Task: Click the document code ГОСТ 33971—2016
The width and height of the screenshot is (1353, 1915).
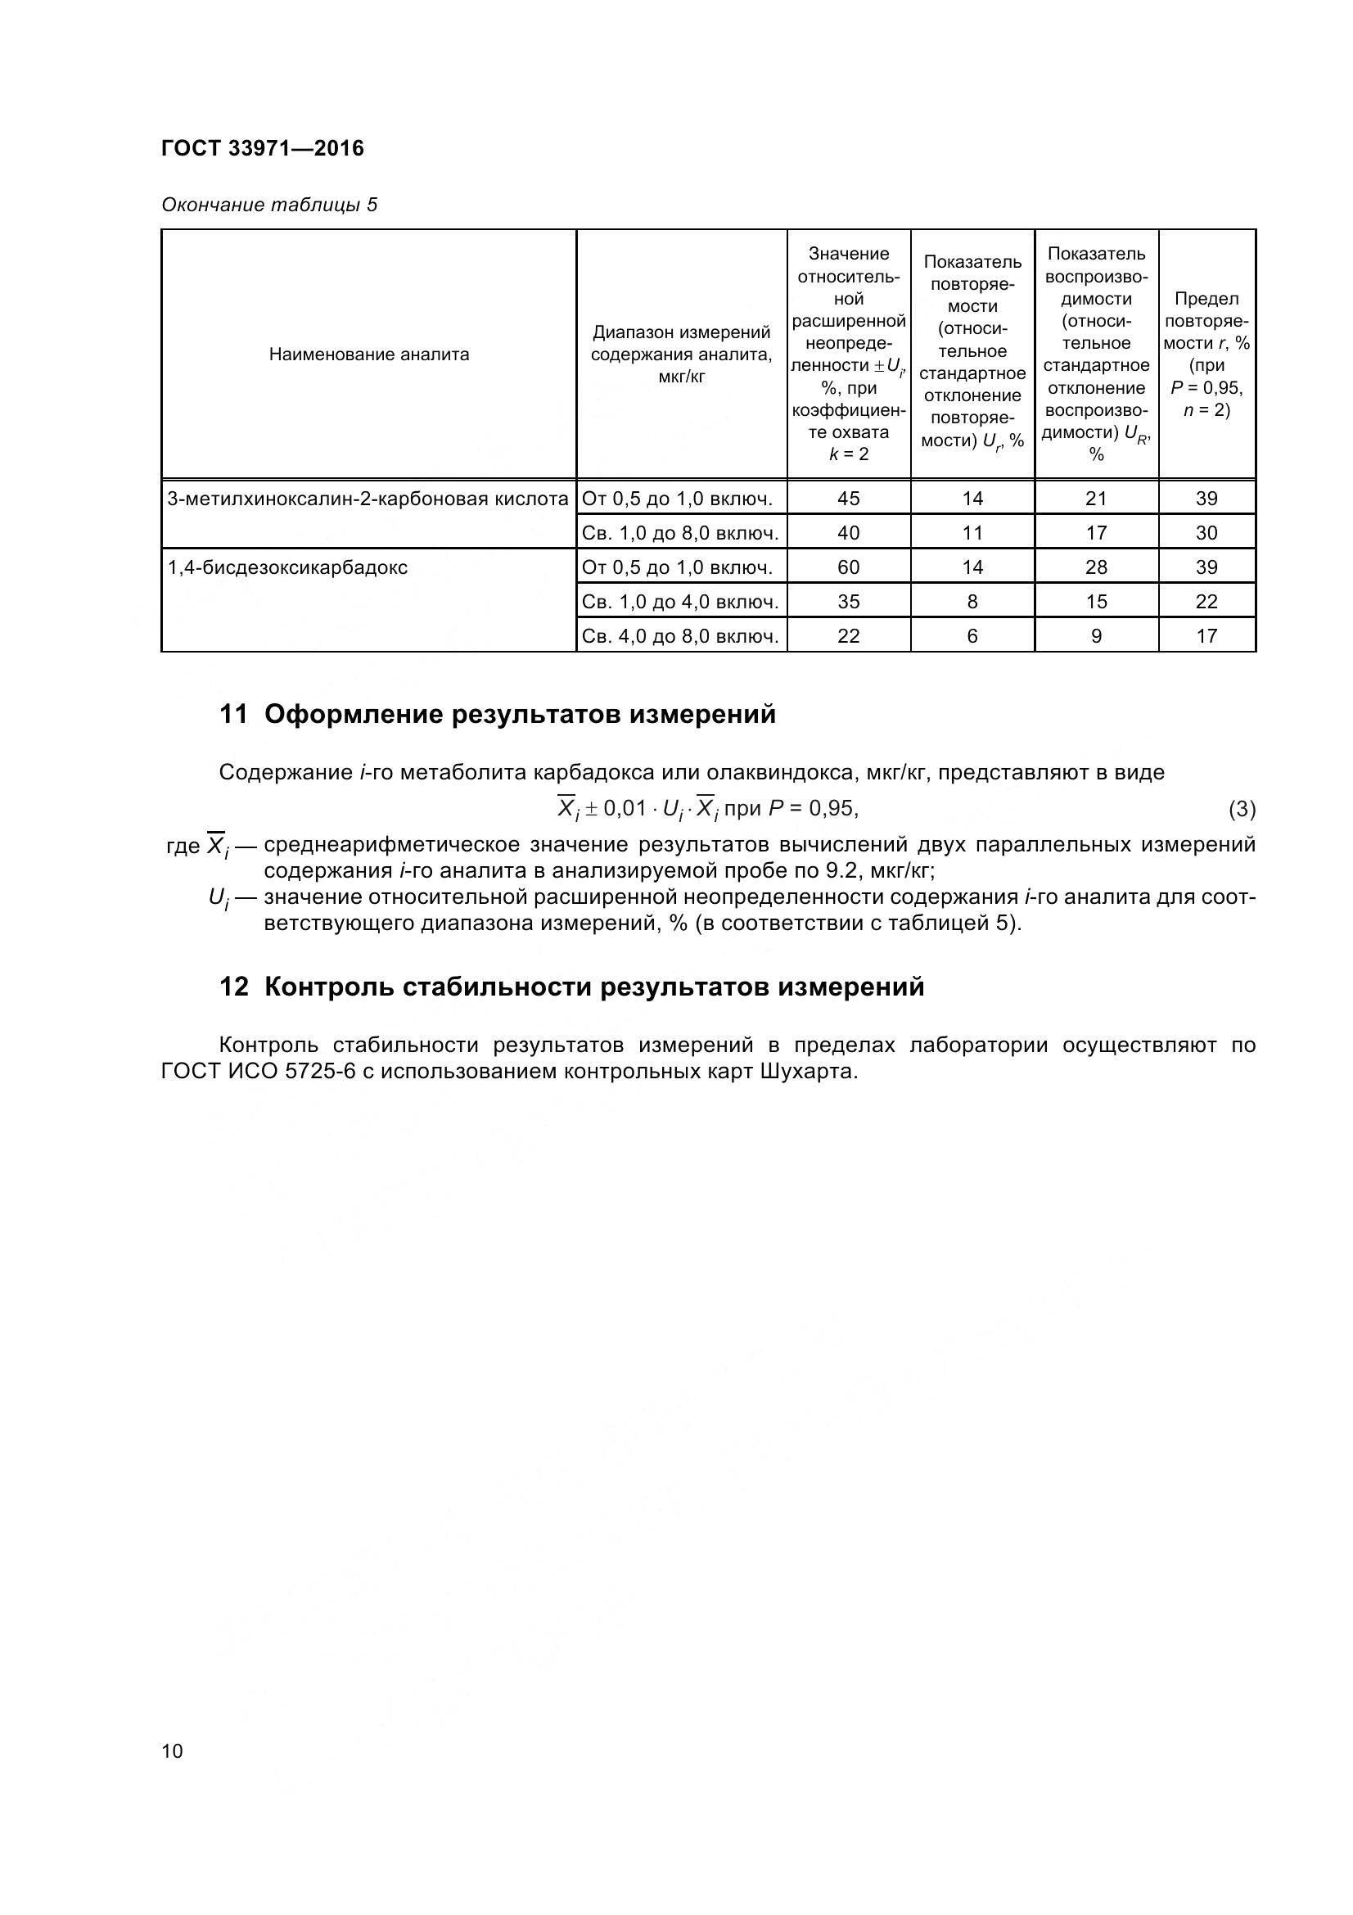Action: click(x=263, y=148)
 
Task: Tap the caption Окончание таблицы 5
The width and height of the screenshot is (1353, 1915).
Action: click(x=269, y=205)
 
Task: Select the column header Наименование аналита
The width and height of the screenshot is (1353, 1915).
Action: click(x=368, y=355)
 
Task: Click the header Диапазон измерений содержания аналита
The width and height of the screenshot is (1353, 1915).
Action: click(x=681, y=355)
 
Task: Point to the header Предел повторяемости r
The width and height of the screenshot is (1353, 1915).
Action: click(x=1206, y=355)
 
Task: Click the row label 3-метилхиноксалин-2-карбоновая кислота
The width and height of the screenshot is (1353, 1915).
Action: click(x=368, y=499)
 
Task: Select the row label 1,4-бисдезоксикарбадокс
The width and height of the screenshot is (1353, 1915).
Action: click(x=287, y=568)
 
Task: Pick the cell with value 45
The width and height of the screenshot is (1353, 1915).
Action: click(x=848, y=499)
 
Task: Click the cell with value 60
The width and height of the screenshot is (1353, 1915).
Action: click(x=848, y=568)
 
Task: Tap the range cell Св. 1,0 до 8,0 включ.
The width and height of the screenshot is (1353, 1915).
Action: click(x=680, y=533)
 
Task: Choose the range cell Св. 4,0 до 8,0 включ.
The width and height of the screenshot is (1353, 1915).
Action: click(x=680, y=636)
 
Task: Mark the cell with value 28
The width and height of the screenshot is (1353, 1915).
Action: click(x=1095, y=568)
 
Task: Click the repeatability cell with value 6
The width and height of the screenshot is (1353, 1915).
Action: click(x=972, y=636)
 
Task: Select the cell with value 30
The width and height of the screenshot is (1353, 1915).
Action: click(x=1206, y=533)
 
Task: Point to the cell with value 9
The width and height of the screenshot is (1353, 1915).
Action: click(x=1095, y=636)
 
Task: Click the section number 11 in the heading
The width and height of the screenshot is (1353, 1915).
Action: click(x=233, y=715)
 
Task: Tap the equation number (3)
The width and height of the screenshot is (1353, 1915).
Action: click(x=1242, y=809)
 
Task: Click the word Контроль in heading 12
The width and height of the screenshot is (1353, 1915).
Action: click(x=327, y=987)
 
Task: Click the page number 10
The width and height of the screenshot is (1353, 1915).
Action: click(x=172, y=1750)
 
